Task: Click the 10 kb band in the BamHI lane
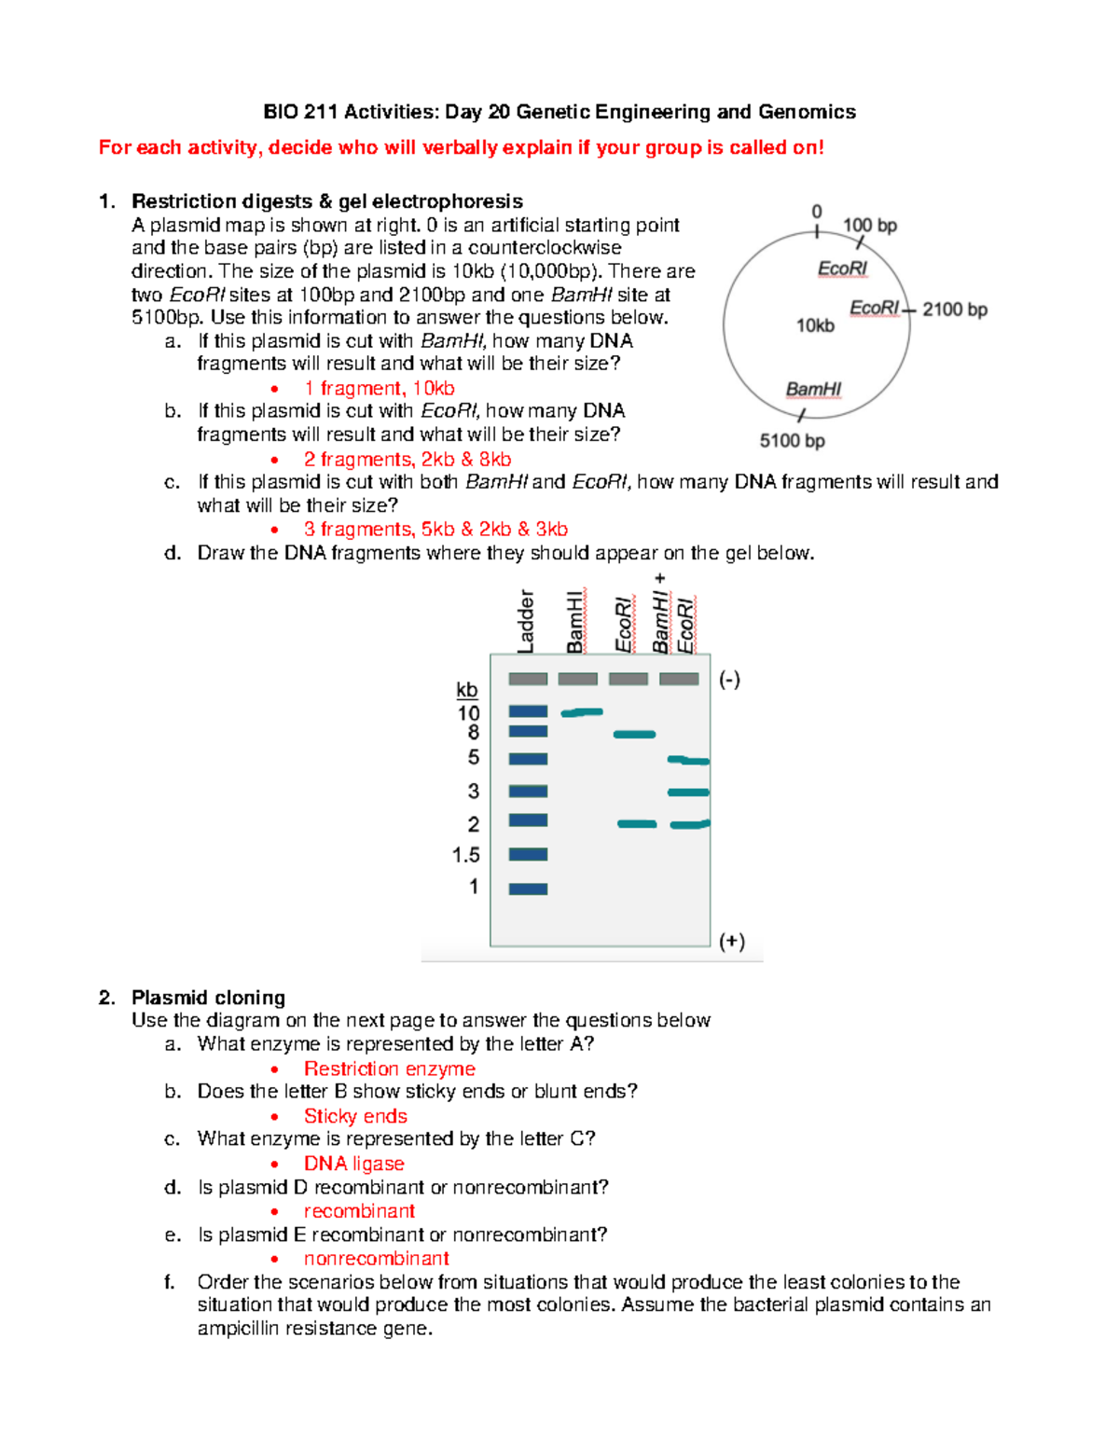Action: [x=582, y=712]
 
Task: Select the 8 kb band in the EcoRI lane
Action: [x=634, y=735]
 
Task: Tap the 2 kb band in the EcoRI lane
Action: [x=637, y=824]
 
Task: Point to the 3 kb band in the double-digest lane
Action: [x=688, y=793]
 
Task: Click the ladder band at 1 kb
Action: [x=528, y=889]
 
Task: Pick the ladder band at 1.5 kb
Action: [x=528, y=854]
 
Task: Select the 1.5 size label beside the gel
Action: [x=465, y=855]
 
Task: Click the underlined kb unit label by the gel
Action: [x=467, y=690]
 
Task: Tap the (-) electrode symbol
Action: [x=729, y=679]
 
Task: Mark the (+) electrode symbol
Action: [x=731, y=941]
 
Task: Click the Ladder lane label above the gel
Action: [x=526, y=621]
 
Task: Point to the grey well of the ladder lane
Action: [x=528, y=679]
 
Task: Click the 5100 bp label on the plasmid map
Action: [x=792, y=440]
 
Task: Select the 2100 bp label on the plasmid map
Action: [x=954, y=310]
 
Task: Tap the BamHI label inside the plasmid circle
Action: [x=813, y=389]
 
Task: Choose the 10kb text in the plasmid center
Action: [x=815, y=325]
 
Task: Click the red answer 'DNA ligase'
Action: [x=354, y=1164]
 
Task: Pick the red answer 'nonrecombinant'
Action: [x=377, y=1259]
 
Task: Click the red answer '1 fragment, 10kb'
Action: [x=379, y=388]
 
